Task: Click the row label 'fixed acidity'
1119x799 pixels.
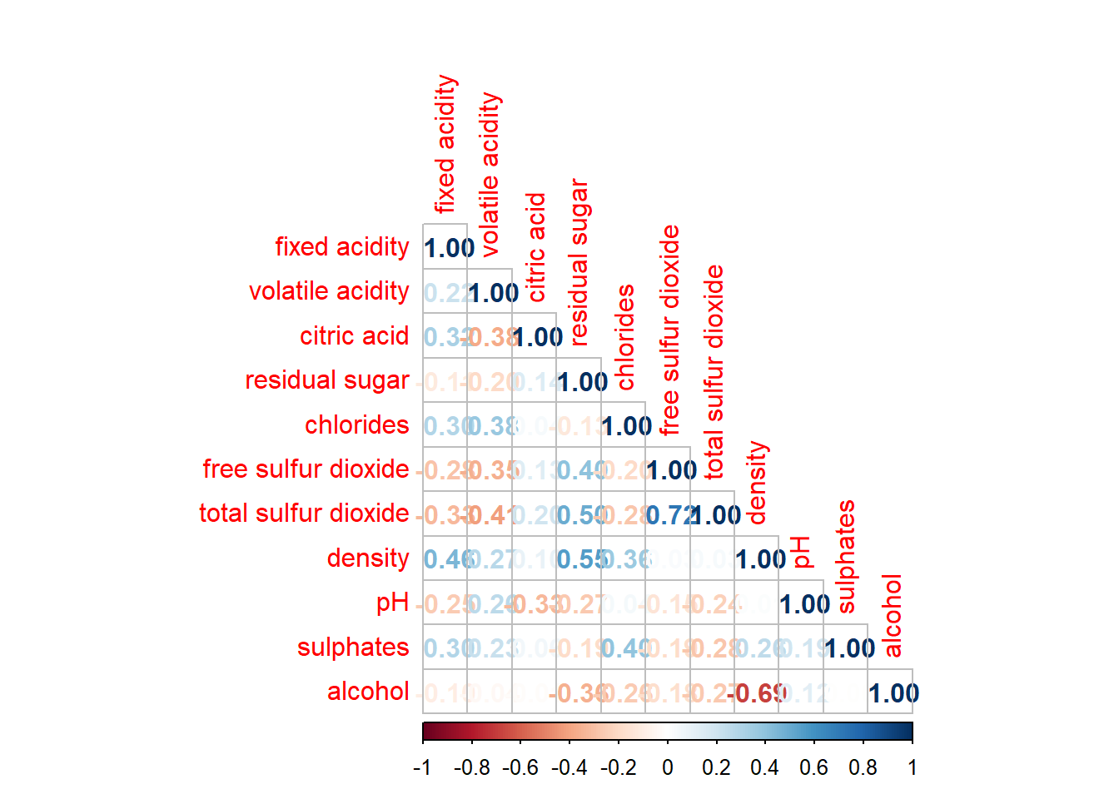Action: [342, 247]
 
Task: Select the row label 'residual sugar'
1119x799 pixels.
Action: [327, 380]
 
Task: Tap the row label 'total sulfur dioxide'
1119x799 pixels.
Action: [304, 514]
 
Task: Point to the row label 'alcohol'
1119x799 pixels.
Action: [368, 692]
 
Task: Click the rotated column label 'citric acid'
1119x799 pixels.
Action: [536, 247]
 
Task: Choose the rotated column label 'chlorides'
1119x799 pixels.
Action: [625, 337]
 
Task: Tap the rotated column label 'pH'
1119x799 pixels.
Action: [801, 552]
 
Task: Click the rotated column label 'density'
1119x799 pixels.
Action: [756, 483]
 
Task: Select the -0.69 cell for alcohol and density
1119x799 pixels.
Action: [757, 692]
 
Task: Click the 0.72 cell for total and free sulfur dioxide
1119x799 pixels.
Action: [668, 514]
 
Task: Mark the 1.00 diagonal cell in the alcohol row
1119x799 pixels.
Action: [891, 692]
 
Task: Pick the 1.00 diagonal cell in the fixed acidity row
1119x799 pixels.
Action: [445, 247]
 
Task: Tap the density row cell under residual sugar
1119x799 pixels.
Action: [579, 558]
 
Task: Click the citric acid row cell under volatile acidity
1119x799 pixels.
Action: [490, 336]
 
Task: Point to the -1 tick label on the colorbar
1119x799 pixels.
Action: [422, 767]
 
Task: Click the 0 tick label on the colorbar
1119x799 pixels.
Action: [668, 767]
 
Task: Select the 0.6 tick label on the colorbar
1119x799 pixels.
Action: [814, 767]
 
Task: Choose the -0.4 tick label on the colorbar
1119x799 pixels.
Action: [569, 767]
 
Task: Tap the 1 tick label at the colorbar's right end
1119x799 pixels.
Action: [913, 767]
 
